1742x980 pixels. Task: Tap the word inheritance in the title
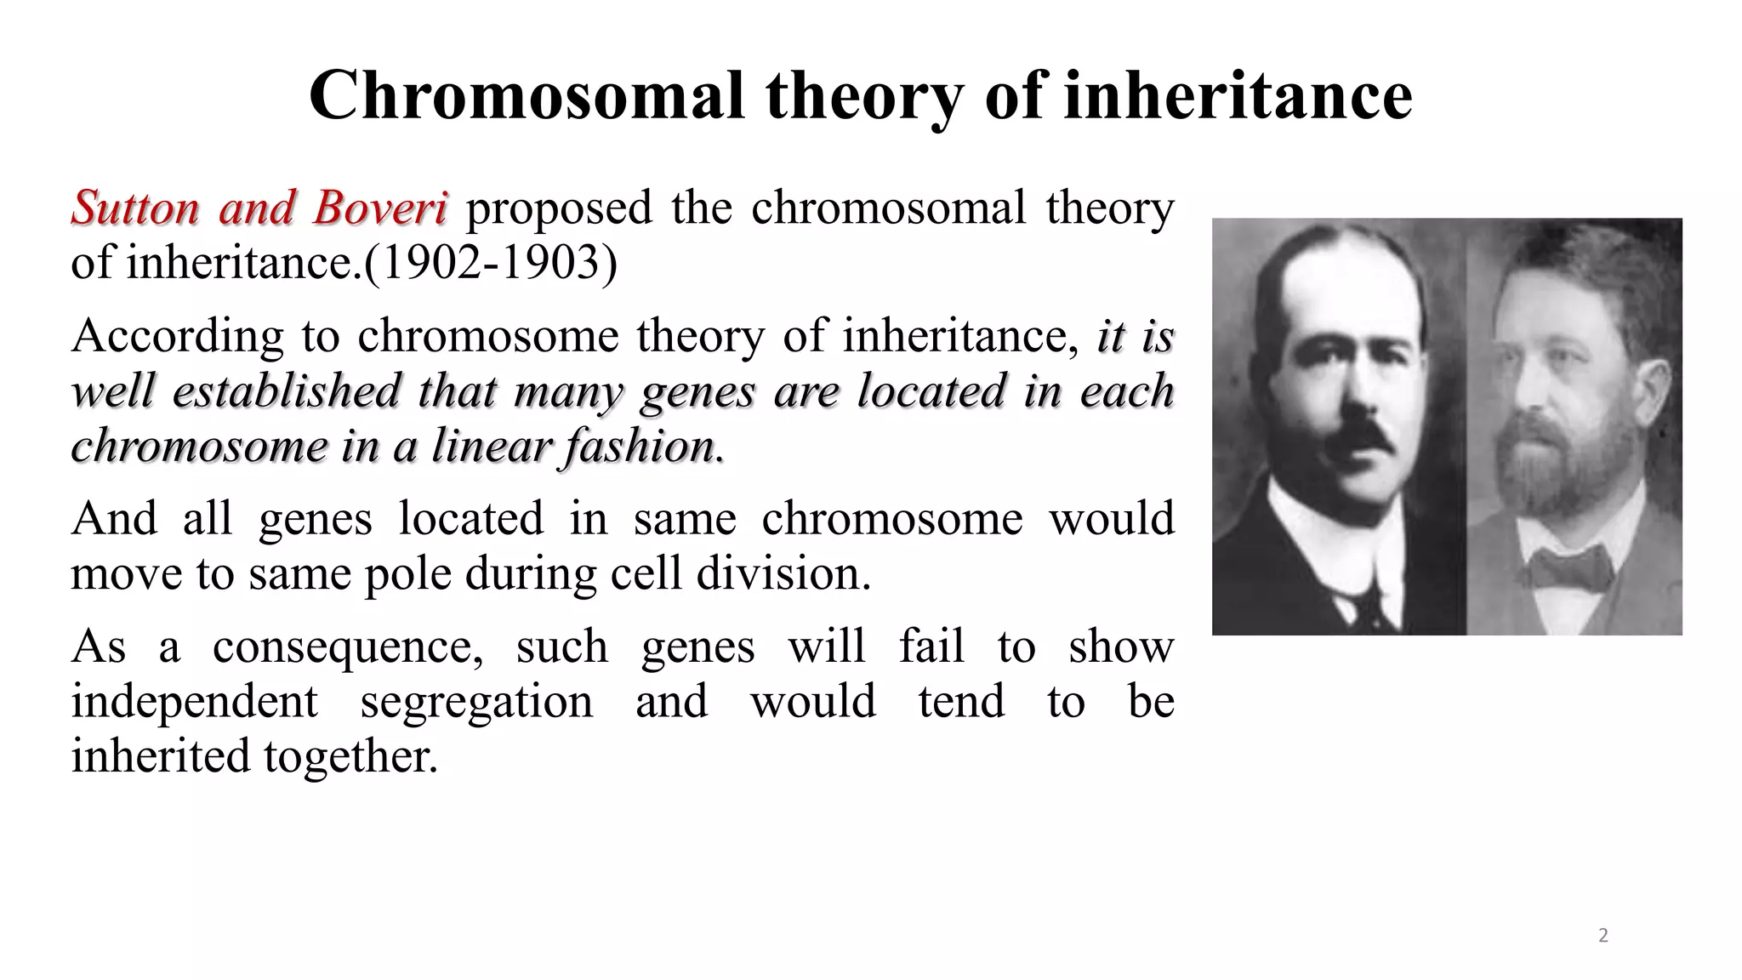pos(1238,95)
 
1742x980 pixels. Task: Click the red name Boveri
pos(379,208)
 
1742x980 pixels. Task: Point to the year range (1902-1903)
pos(491,262)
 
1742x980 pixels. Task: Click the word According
pos(177,336)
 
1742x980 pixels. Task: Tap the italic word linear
pos(490,446)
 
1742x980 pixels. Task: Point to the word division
pos(783,573)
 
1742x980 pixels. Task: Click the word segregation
pos(476,701)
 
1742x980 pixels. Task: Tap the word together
pos(350,755)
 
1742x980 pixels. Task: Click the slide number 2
pos(1603,936)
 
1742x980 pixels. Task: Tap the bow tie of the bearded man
pos(1569,568)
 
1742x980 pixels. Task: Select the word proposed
pos(559,208)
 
